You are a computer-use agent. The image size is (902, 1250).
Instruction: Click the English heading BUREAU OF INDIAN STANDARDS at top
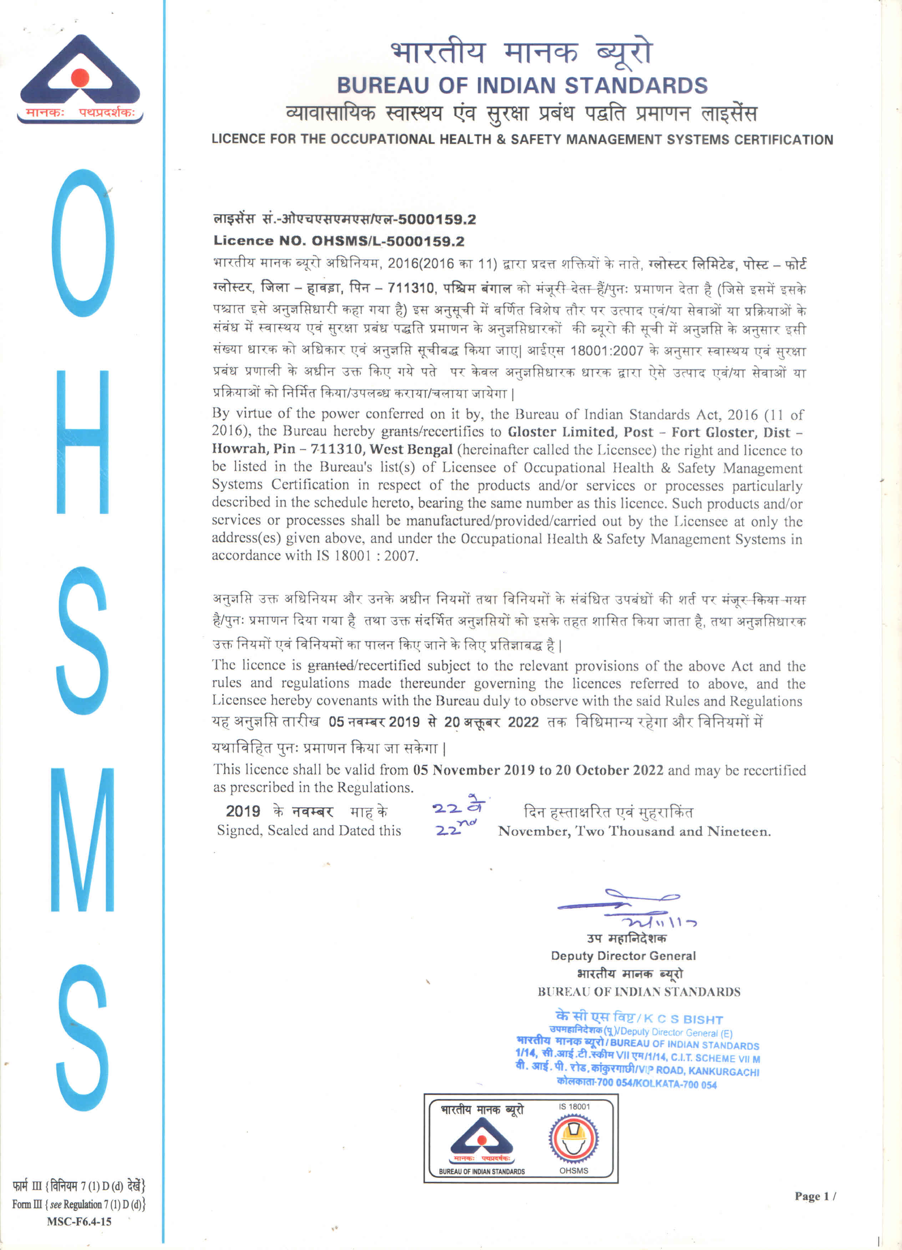pyautogui.click(x=522, y=86)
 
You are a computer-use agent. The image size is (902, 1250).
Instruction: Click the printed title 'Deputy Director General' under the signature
pyautogui.click(x=623, y=956)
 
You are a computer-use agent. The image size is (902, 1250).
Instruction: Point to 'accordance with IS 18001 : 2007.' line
pyautogui.click(x=315, y=555)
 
